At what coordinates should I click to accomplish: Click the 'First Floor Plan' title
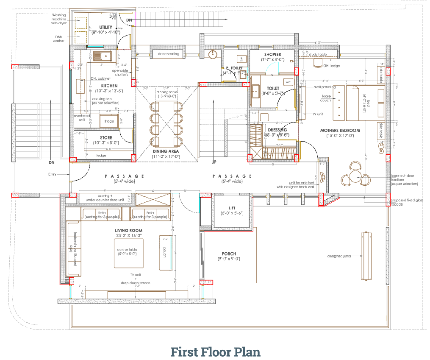pos(215,352)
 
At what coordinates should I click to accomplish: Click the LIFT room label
pos(232,208)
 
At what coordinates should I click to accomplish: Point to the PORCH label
pos(229,254)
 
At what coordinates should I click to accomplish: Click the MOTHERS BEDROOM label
pos(340,131)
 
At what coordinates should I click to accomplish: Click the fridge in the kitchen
pos(109,121)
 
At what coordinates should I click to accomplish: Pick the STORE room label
pos(106,138)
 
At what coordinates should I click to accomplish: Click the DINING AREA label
pos(166,151)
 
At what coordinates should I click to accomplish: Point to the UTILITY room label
pos(106,27)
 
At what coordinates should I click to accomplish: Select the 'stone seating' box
pos(168,54)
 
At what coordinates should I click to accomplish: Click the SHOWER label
pos(272,55)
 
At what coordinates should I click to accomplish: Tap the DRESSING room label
pos(277,130)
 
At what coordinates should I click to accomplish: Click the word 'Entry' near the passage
pos(52,174)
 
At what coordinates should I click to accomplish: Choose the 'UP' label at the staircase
pos(214,162)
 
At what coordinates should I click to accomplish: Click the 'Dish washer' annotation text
pos(58,39)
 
